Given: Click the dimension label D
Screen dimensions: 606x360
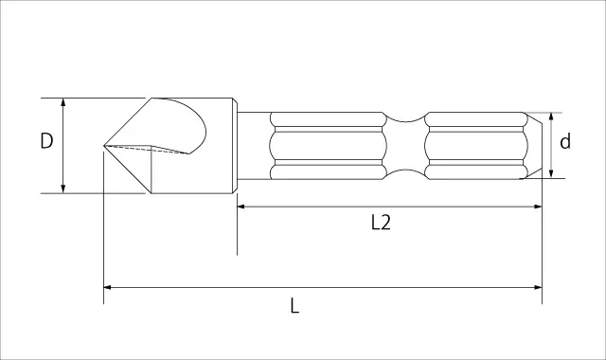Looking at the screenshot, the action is tap(46, 141).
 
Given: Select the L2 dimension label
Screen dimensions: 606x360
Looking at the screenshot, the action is tap(381, 223).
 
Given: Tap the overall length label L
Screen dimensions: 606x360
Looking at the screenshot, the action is tap(294, 305).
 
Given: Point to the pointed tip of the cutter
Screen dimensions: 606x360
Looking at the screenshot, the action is tap(104, 145).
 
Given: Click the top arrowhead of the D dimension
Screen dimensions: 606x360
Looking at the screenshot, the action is tap(63, 101).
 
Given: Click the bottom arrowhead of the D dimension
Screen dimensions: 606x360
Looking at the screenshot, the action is tap(63, 189).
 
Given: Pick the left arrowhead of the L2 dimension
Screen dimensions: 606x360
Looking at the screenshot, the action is tap(241, 207).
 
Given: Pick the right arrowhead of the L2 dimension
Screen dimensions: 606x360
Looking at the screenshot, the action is tap(538, 207).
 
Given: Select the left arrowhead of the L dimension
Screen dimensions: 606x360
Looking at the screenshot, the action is tap(108, 287).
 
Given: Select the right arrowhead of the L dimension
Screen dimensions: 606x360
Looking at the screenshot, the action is tap(538, 287).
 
